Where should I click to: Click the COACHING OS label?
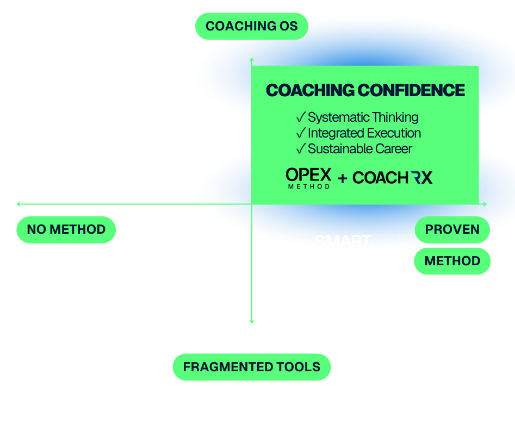[251, 26]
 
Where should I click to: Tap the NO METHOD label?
[66, 229]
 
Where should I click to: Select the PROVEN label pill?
[452, 229]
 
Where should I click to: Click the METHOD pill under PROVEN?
[452, 261]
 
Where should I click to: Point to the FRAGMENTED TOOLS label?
[251, 367]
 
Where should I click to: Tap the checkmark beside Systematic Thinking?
[300, 117]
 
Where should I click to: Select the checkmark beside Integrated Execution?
[300, 133]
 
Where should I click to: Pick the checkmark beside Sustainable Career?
[300, 149]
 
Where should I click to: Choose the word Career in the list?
[394, 149]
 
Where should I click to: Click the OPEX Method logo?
[308, 178]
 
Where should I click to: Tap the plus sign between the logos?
[343, 178]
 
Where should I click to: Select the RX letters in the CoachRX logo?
[421, 177]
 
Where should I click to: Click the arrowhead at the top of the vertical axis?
[251, 58]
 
